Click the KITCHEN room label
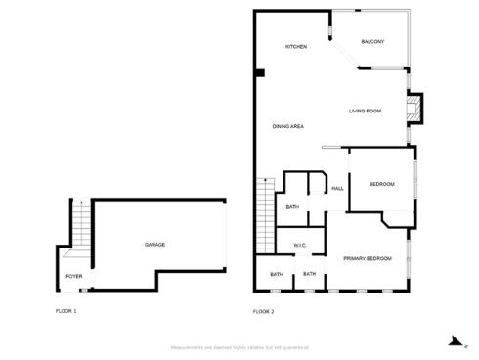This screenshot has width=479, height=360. tap(296, 47)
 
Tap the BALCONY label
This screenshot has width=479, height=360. tap(372, 41)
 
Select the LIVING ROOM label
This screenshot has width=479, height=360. tap(365, 111)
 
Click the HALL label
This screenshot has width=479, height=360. tap(337, 188)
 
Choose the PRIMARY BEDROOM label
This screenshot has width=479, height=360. tap(368, 258)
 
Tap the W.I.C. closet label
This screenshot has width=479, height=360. tap(300, 245)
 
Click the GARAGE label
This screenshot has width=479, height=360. tap(154, 244)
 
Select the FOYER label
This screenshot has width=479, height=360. tap(74, 277)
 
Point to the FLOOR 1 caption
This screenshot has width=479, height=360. tap(65, 311)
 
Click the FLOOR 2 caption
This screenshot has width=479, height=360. tap(263, 311)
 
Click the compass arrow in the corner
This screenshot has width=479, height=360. tap(453, 341)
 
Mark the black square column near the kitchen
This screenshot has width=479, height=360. tap(259, 72)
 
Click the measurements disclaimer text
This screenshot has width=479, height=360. tap(239, 347)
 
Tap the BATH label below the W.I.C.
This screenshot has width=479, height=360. tap(309, 274)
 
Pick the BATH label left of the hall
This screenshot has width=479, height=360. tap(292, 207)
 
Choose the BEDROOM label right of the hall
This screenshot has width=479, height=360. tap(381, 185)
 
